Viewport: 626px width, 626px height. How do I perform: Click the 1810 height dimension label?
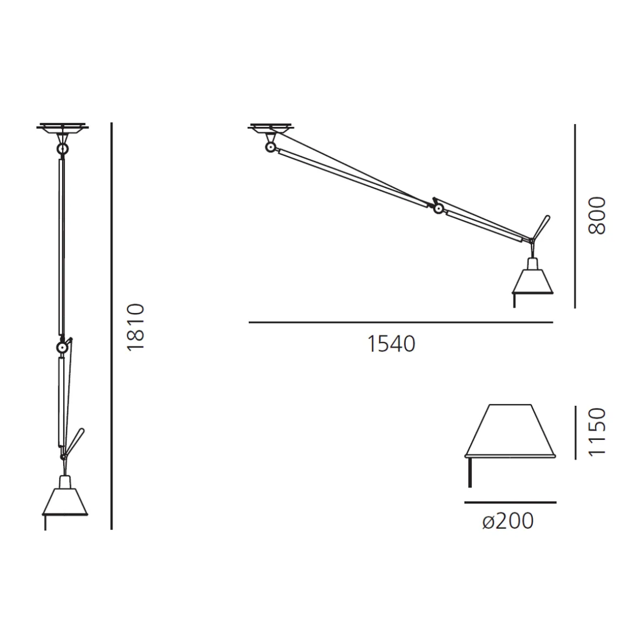tap(135, 328)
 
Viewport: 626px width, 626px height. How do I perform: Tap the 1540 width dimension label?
tap(391, 344)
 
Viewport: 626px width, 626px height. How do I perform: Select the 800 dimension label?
tap(597, 215)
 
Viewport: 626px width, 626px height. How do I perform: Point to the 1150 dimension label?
tap(597, 432)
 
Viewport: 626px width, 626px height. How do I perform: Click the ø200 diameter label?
tap(508, 521)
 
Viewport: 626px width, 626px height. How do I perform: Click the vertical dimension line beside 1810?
tap(112, 326)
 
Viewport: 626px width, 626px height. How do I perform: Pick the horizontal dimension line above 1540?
tap(401, 322)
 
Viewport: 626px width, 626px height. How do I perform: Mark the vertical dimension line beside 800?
tap(575, 216)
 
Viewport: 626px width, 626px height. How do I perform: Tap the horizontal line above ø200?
tap(510, 502)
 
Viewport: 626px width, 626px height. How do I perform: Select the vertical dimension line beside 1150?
tap(575, 432)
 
